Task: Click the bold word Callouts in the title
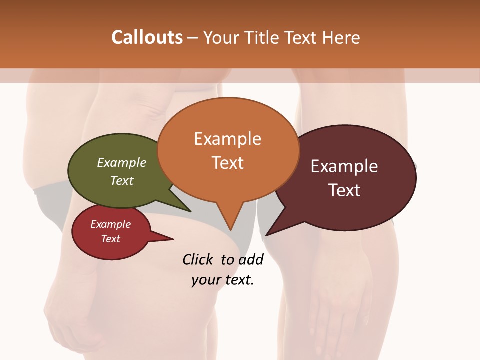tap(147, 37)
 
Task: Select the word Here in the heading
tap(341, 37)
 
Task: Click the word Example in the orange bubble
tap(227, 139)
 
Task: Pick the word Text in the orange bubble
tap(227, 163)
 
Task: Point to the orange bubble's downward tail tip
tap(232, 230)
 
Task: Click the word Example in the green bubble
tap(122, 163)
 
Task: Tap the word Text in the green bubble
tap(122, 180)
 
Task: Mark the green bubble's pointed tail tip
tap(190, 212)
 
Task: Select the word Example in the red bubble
tap(110, 224)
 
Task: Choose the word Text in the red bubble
tap(110, 239)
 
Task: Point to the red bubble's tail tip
tap(173, 239)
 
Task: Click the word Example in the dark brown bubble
tap(344, 166)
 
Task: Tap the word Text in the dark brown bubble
tap(344, 190)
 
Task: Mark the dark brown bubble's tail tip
tap(266, 235)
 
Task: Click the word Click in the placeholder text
tap(197, 259)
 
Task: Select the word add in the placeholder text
tap(251, 259)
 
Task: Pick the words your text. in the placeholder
tap(223, 280)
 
